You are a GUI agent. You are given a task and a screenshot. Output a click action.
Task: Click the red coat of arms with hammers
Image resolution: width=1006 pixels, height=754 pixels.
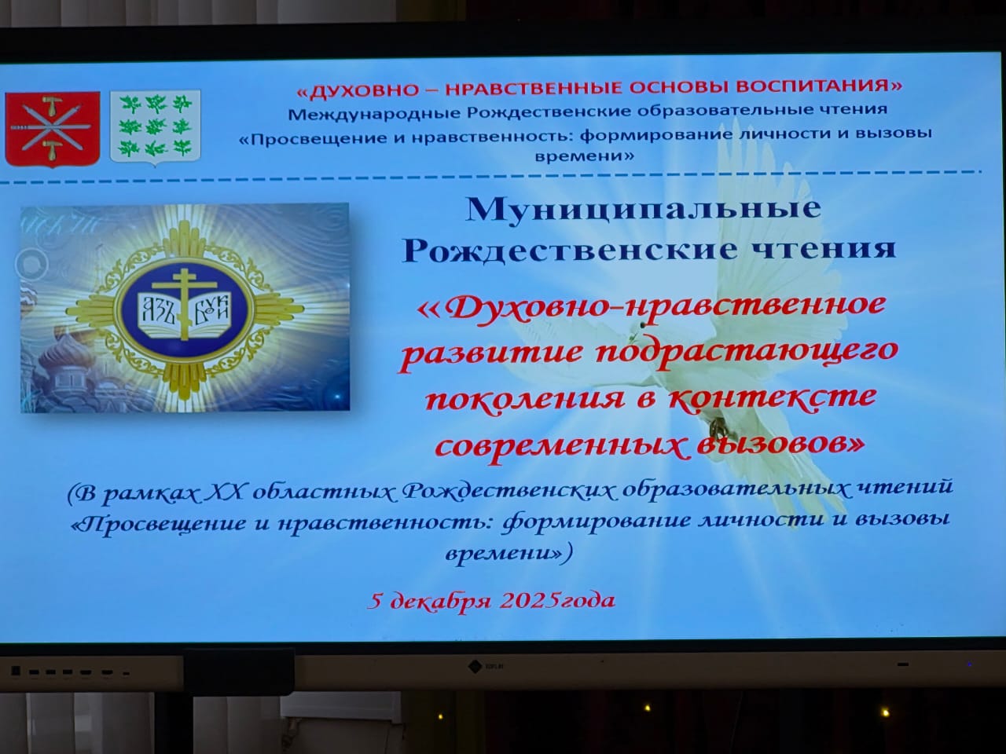click(x=52, y=129)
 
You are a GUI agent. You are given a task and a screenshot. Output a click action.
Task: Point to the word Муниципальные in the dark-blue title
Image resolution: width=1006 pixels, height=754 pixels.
click(x=644, y=210)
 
